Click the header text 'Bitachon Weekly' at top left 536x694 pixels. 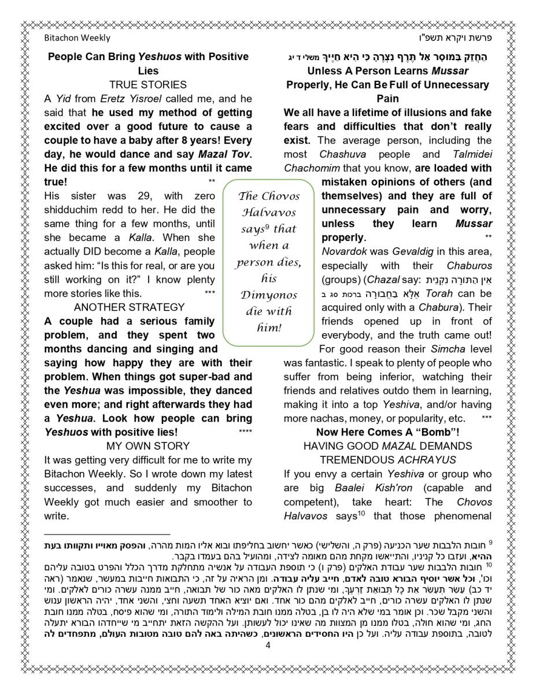(77, 38)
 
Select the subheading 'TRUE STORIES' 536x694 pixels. (148, 84)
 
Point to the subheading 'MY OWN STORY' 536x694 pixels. (148, 446)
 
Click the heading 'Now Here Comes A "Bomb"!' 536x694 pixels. (387, 432)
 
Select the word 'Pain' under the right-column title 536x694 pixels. (387, 98)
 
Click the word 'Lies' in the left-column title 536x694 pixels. (148, 71)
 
